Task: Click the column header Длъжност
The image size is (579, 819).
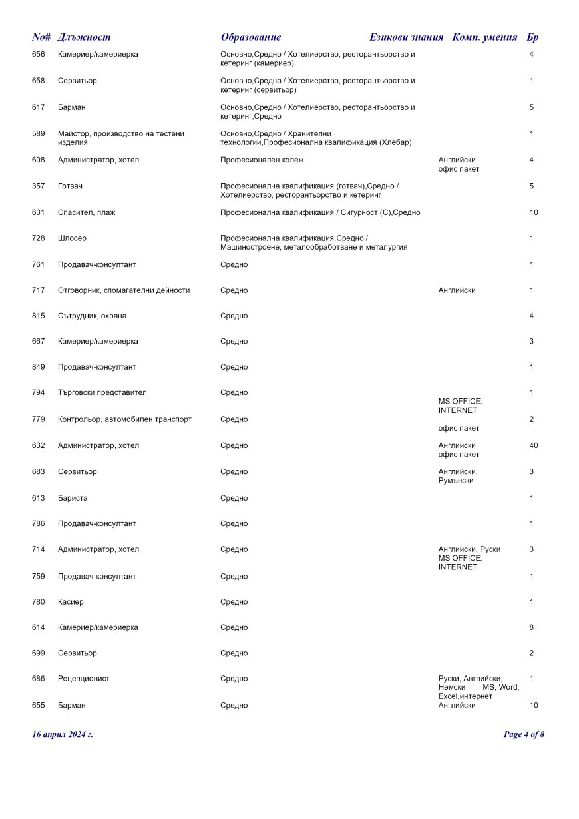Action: (84, 37)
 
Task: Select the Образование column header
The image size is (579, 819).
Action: (250, 37)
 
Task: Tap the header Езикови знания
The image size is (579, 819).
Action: (406, 37)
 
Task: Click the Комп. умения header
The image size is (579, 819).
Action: (484, 37)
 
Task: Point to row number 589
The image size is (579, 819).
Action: (39, 134)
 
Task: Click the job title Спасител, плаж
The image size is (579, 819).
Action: (86, 212)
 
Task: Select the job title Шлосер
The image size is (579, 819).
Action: (72, 238)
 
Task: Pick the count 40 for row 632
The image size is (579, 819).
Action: (533, 445)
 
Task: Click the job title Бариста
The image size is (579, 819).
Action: (73, 498)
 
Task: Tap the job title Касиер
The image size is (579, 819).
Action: (71, 602)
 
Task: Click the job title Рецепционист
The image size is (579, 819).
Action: (84, 679)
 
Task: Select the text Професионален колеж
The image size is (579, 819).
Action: (262, 160)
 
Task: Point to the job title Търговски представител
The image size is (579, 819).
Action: (102, 393)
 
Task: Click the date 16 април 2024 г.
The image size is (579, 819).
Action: (63, 734)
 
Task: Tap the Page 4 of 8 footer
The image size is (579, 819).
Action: (524, 734)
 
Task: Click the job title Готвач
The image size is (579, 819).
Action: (70, 186)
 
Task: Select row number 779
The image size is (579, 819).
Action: (39, 419)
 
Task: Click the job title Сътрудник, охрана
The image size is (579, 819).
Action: (92, 316)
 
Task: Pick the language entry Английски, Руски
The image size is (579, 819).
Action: (469, 549)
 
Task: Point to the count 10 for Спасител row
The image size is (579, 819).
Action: (533, 212)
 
